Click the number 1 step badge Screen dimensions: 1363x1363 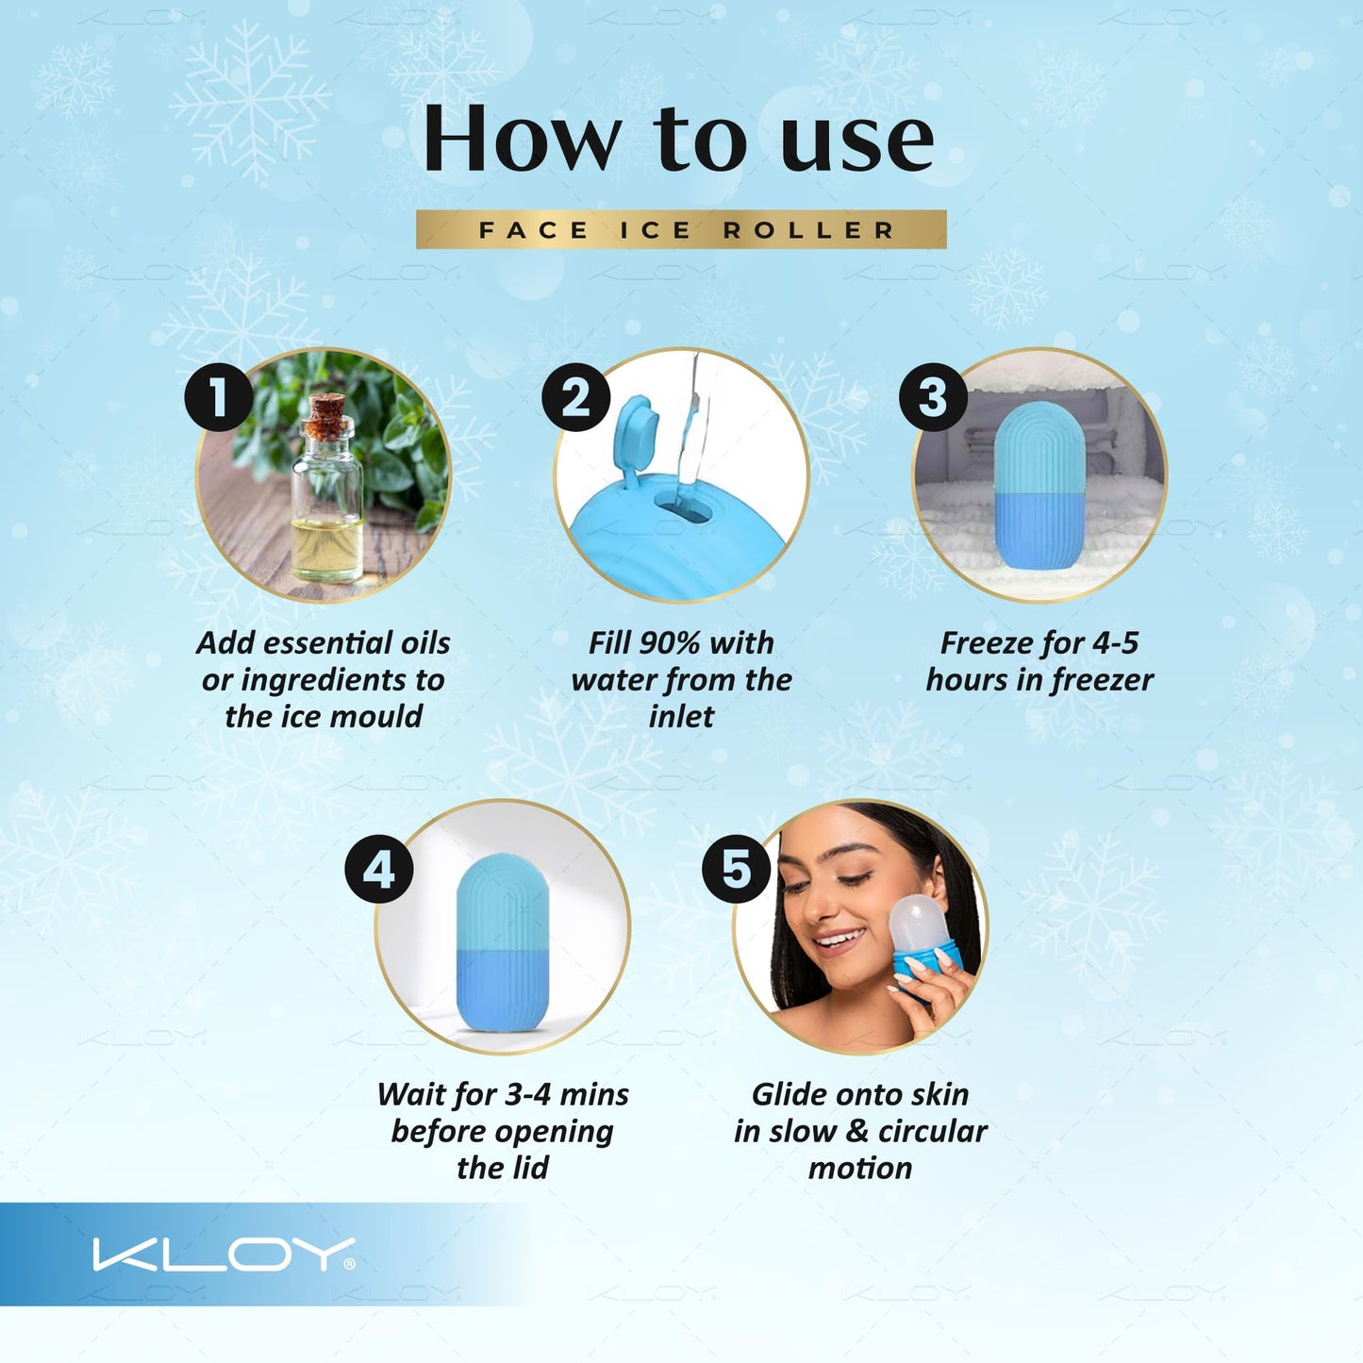point(218,397)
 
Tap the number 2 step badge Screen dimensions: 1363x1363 point(575,397)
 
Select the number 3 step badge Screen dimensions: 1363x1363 point(933,397)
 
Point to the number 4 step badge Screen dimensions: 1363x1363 point(378,869)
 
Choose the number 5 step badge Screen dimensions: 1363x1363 point(736,869)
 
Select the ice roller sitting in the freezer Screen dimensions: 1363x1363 point(1039,486)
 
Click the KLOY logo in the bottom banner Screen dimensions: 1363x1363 point(224,1255)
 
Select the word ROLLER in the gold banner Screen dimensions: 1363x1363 point(808,230)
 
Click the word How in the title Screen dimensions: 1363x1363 point(520,140)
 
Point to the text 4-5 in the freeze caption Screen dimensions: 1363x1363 point(1115,643)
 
